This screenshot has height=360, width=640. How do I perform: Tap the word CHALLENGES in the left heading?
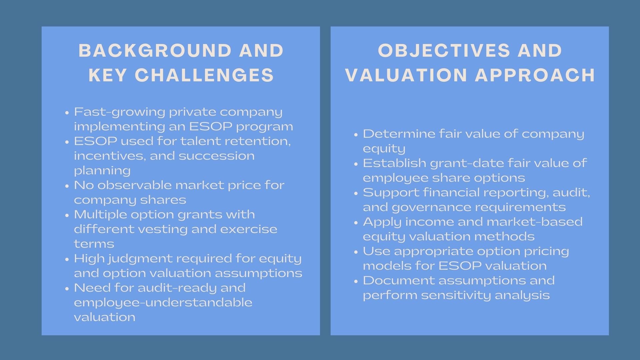click(204, 75)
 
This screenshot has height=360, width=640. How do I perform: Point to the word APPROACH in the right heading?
click(535, 75)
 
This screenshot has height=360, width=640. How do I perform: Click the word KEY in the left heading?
click(108, 75)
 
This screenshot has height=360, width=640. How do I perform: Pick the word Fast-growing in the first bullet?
click(119, 112)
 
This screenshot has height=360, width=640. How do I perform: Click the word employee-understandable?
click(163, 303)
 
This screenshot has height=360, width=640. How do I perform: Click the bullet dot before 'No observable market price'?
click(68, 186)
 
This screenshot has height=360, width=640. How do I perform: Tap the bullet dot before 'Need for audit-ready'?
click(68, 288)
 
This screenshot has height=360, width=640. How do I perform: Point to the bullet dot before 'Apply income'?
click(356, 222)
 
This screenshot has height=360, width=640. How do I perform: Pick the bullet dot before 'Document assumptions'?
click(356, 281)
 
